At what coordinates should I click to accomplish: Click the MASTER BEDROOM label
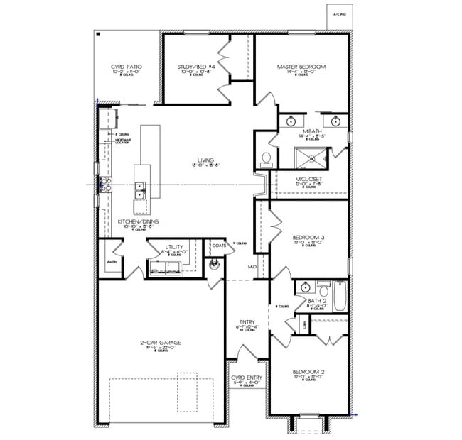[301, 67]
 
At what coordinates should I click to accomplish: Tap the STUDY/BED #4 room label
[191, 67]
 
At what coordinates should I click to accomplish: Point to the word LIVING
[206, 160]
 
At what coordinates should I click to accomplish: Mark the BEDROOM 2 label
[308, 371]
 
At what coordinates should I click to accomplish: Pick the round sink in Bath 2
[305, 287]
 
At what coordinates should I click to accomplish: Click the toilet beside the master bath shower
[267, 158]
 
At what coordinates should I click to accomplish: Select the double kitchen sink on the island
[141, 190]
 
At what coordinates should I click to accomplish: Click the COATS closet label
[219, 246]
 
